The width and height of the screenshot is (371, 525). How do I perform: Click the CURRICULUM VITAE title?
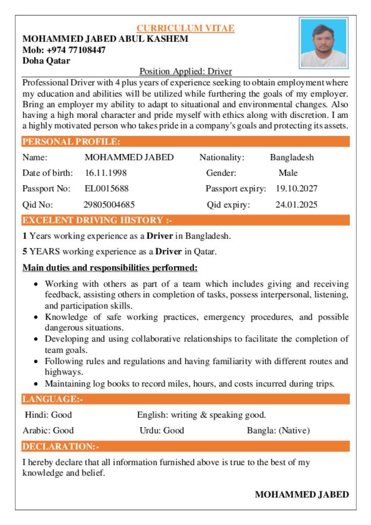186,28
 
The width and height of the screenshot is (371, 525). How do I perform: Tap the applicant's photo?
323,43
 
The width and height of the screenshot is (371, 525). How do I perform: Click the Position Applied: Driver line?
186,71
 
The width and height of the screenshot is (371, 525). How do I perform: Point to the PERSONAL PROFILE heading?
71,142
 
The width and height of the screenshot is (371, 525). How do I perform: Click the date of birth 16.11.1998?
106,173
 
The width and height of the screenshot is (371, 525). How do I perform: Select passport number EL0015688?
107,189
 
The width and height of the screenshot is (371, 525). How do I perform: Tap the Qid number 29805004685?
109,205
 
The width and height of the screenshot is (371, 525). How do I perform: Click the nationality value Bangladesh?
292,157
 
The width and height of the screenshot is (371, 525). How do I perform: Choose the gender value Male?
288,173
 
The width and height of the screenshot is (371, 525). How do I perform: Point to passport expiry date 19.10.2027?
297,189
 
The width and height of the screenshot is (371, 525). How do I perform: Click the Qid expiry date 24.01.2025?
296,205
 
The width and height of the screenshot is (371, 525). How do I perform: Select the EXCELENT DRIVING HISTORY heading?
97,220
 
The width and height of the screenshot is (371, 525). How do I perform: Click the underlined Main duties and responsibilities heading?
110,268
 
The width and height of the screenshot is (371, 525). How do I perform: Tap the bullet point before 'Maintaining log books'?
35,383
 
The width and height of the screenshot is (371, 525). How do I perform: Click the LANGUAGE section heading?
52,399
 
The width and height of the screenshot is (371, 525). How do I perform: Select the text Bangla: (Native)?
278,430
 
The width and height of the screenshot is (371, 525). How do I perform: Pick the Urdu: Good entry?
161,430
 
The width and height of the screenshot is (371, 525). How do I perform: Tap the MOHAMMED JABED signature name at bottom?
302,494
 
